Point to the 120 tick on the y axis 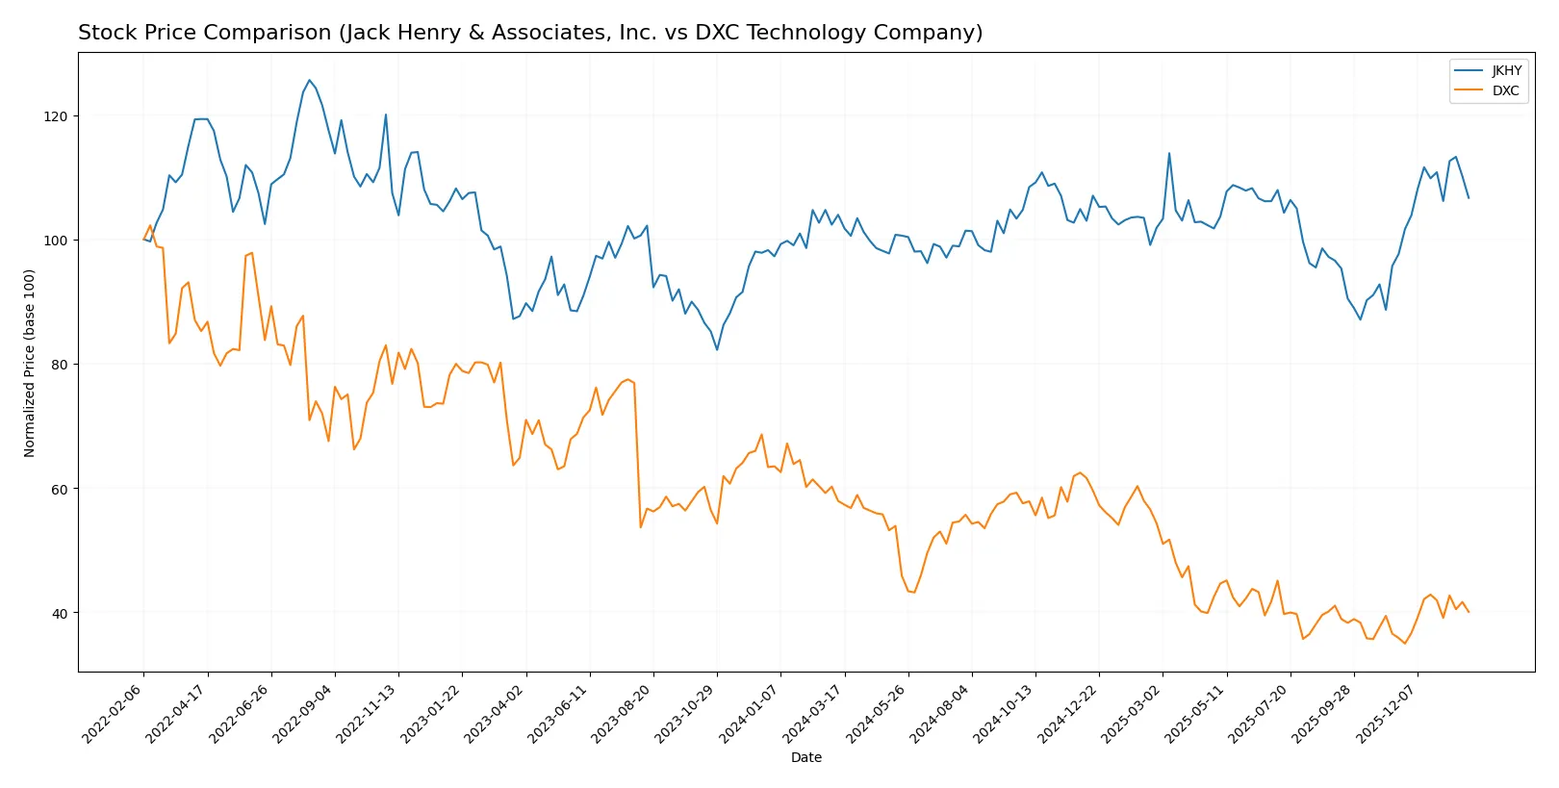click(x=56, y=116)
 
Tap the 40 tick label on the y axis click(x=60, y=614)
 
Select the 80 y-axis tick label click(x=60, y=365)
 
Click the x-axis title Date click(x=805, y=758)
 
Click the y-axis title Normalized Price click(x=29, y=363)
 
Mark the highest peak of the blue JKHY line click(x=309, y=80)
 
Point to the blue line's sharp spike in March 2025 click(x=1169, y=153)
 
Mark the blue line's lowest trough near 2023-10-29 click(x=717, y=349)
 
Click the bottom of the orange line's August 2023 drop click(x=641, y=527)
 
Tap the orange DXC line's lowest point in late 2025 click(x=1405, y=644)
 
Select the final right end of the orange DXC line click(x=1469, y=612)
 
